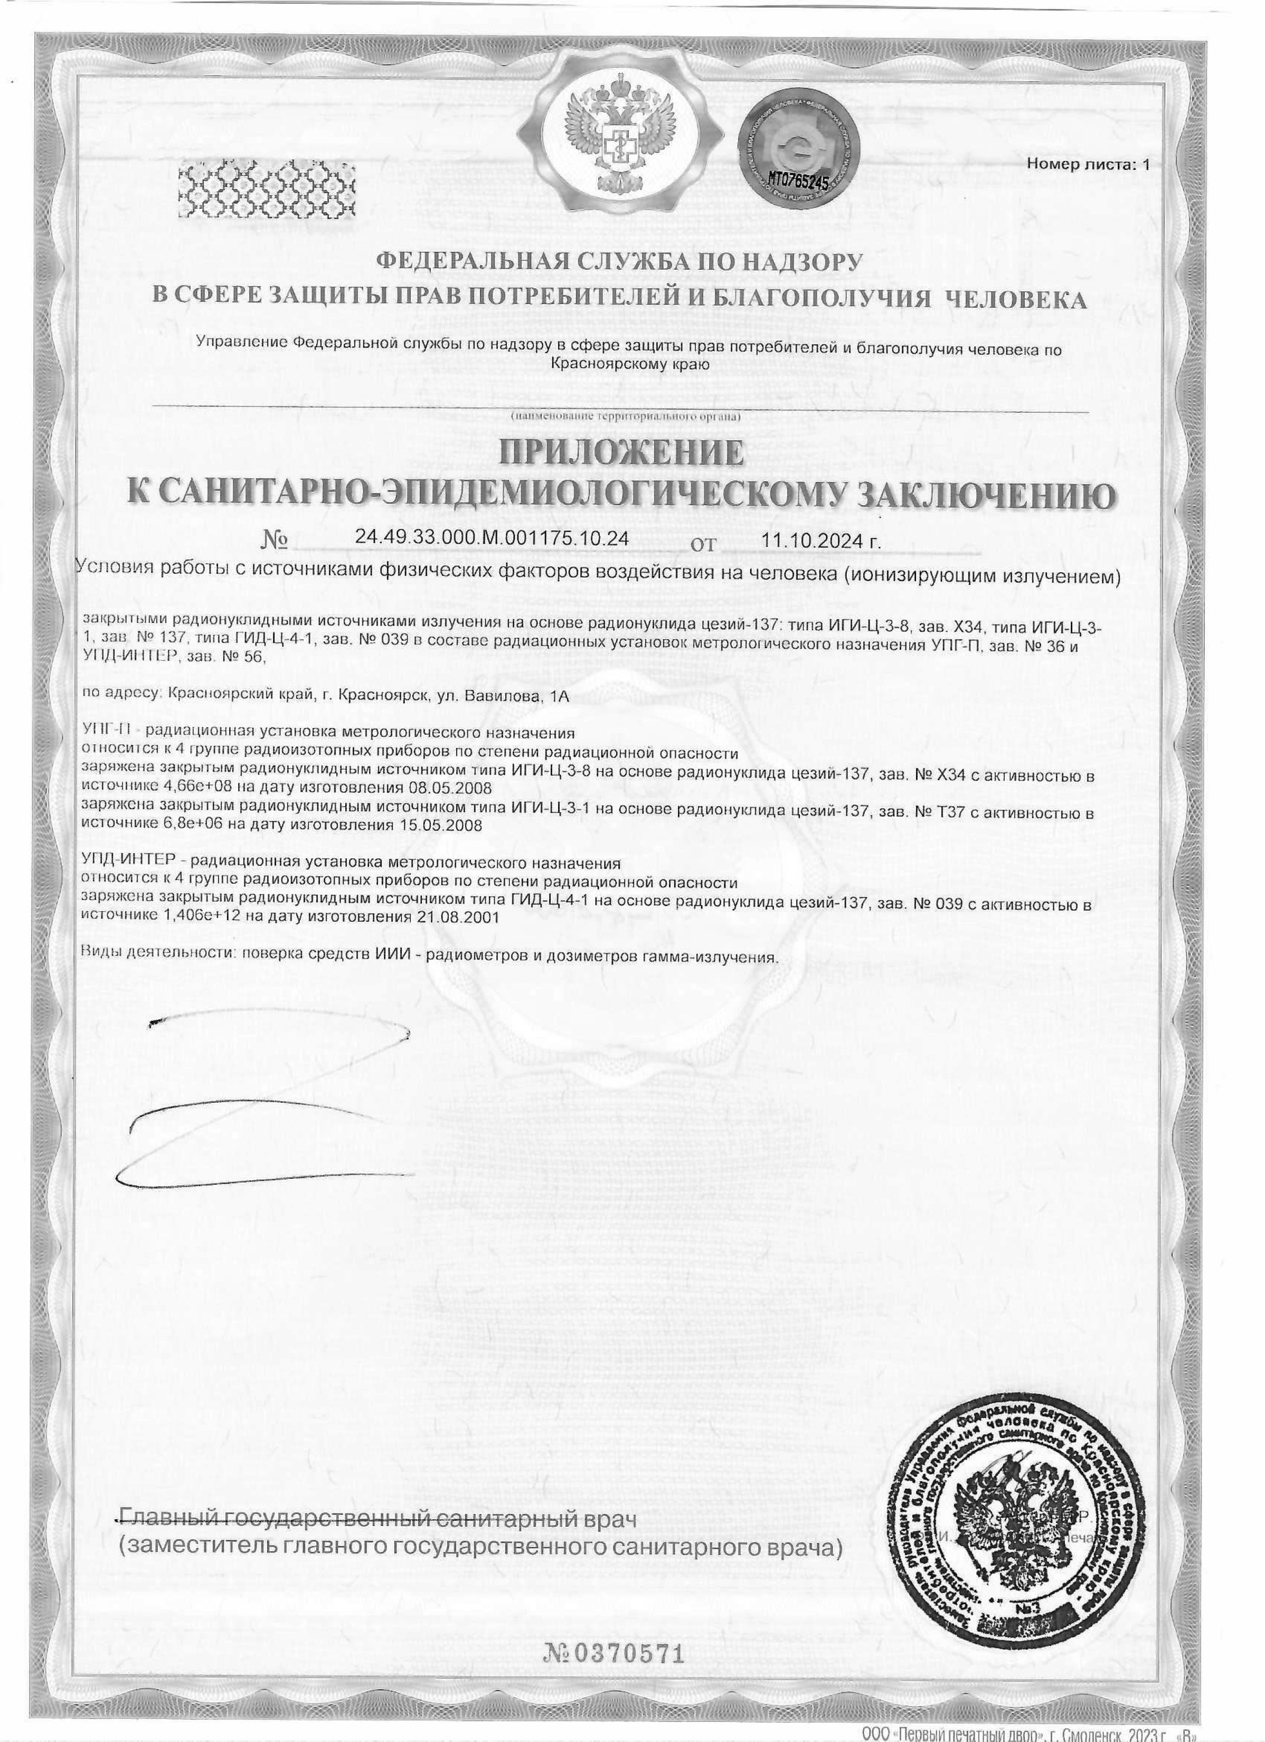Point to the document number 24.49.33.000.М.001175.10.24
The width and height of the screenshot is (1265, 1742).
492,538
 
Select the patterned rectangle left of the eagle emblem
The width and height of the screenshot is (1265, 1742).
266,187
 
